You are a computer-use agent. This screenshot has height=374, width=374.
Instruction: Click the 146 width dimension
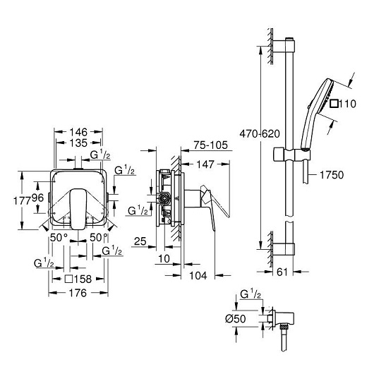pos(78,132)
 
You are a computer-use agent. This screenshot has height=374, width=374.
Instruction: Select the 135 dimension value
pos(78,143)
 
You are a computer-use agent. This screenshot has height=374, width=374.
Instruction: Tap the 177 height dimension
pos(22,200)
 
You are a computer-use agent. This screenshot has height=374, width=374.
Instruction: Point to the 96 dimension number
pos(37,198)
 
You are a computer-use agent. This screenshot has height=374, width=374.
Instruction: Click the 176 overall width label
pos(78,293)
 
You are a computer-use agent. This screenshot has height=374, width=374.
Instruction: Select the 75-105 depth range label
pos(210,145)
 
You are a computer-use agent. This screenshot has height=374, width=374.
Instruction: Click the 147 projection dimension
pos(205,164)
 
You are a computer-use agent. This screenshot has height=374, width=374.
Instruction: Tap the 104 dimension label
pos(198,275)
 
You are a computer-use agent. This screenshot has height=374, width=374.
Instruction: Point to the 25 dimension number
pos(140,241)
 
